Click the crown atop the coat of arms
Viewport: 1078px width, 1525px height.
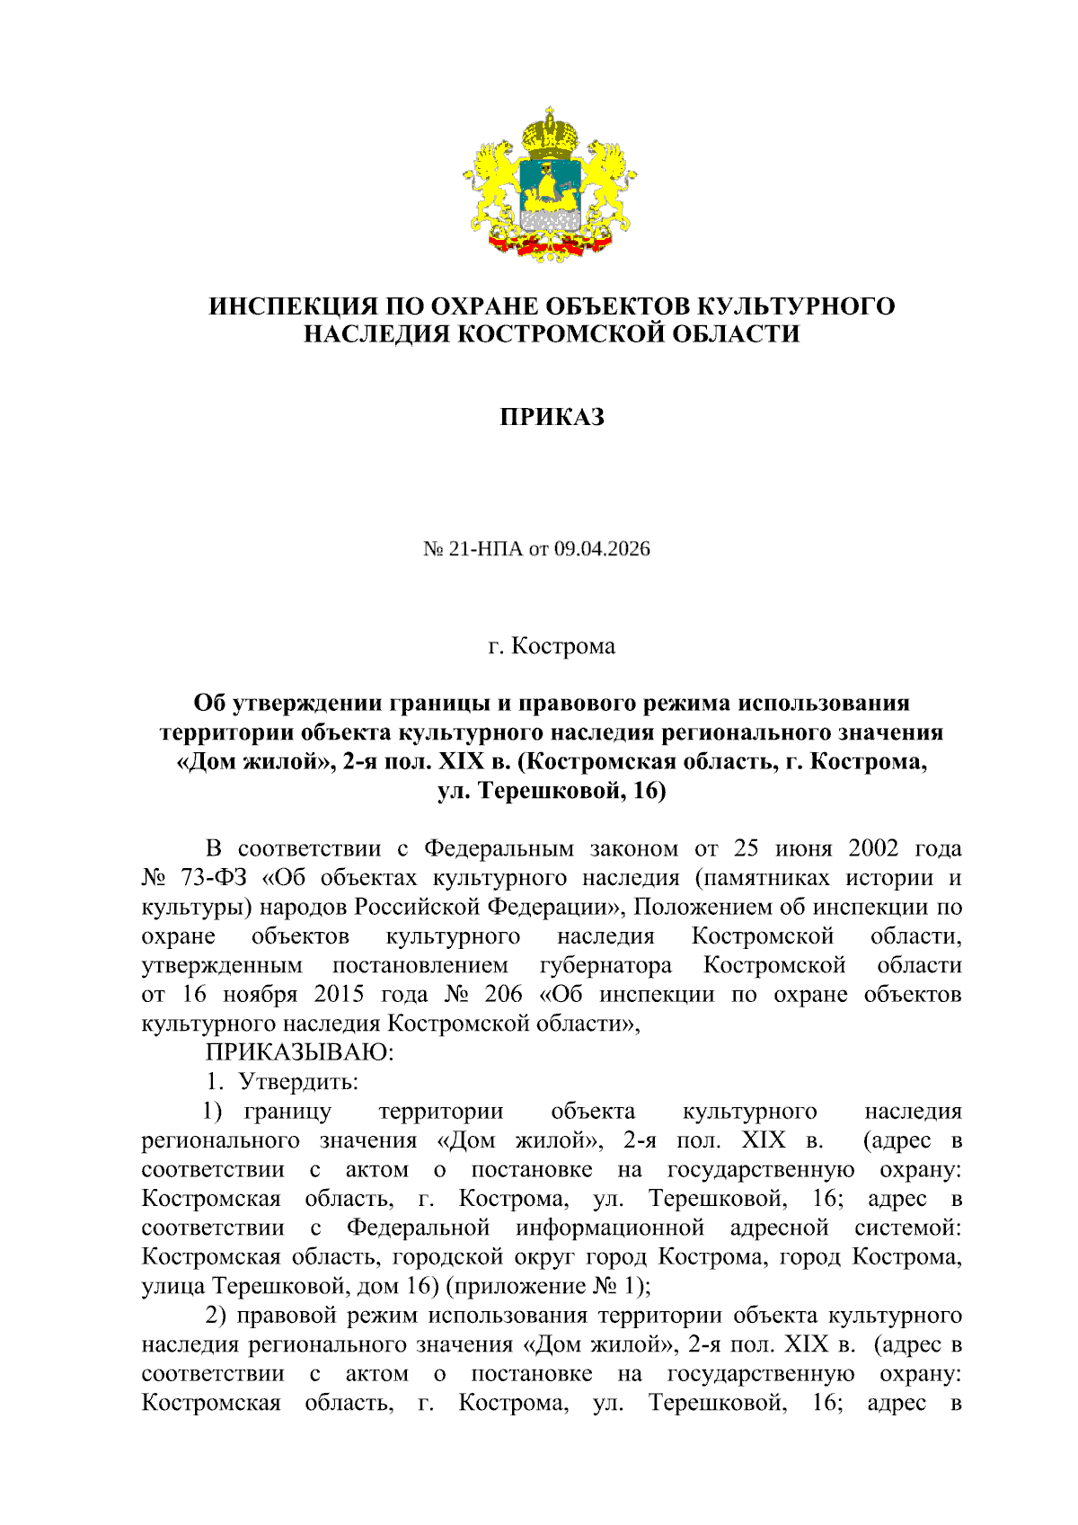point(550,131)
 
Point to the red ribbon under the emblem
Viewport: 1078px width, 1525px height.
point(550,243)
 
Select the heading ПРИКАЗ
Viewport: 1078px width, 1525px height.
point(552,417)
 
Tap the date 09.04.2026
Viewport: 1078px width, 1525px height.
point(602,549)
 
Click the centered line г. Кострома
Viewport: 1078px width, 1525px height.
point(552,646)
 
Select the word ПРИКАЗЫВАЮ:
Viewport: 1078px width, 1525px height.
point(299,1051)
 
